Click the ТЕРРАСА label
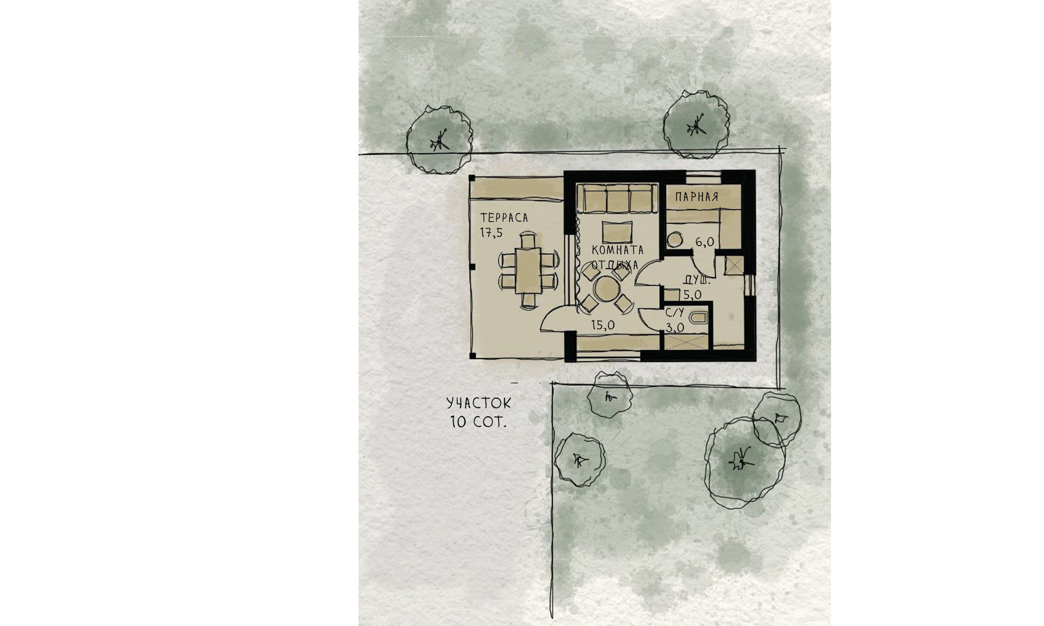[x=504, y=217]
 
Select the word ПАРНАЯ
[x=697, y=197]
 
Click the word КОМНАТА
[x=618, y=250]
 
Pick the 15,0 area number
[x=603, y=325]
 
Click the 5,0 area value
[x=692, y=295]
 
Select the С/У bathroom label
[x=675, y=313]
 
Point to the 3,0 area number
[x=675, y=327]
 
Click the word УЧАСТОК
[x=478, y=403]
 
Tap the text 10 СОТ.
[x=478, y=422]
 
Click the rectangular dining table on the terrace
[x=147, y=270]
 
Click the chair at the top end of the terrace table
[x=147, y=239]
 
